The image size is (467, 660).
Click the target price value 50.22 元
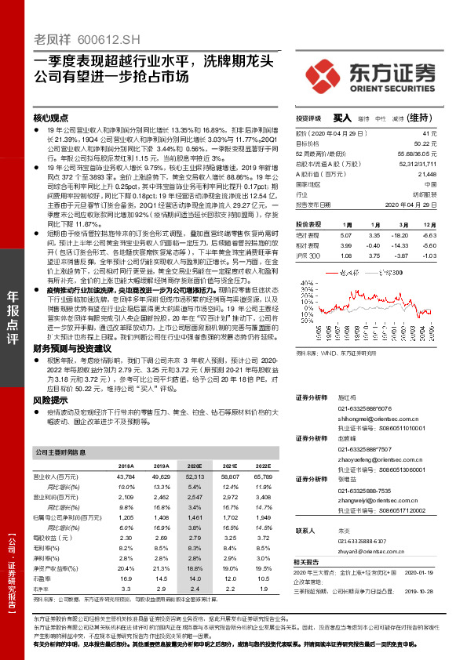pyautogui.click(x=421, y=144)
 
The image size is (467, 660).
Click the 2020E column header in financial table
pyautogui.click(x=194, y=465)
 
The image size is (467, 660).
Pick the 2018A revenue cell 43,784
pyautogui.click(x=125, y=476)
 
